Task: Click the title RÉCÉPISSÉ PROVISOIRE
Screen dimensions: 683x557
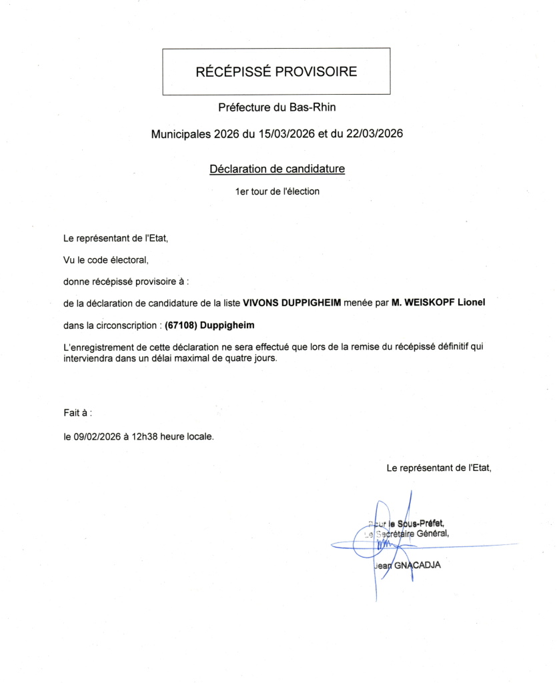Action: [x=276, y=72]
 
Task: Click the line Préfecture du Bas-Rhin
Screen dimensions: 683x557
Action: [x=276, y=107]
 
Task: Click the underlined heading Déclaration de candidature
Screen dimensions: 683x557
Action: [x=277, y=169]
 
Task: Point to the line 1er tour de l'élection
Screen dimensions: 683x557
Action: [x=277, y=192]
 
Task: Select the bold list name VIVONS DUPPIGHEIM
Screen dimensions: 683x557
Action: [x=292, y=303]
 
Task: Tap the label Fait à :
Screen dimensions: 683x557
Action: [x=77, y=414]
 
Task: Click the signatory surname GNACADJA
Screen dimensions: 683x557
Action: [x=418, y=566]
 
